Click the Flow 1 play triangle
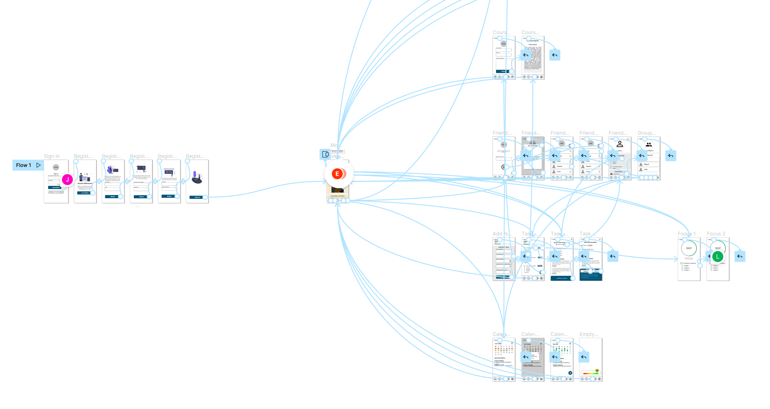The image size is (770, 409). click(x=38, y=165)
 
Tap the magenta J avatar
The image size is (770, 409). click(x=67, y=179)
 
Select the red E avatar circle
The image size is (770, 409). click(x=337, y=174)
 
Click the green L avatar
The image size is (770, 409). click(x=718, y=256)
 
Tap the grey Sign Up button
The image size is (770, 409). click(x=56, y=192)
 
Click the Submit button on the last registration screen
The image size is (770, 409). click(x=197, y=197)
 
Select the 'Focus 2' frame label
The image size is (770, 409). click(x=716, y=233)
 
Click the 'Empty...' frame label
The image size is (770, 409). click(x=589, y=334)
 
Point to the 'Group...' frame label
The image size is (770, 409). click(x=647, y=133)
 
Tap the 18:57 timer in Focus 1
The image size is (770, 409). click(x=689, y=248)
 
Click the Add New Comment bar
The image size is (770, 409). click(x=562, y=278)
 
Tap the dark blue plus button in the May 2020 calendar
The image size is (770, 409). click(x=570, y=373)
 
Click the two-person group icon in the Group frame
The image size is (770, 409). click(x=649, y=144)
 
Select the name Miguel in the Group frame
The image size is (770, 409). click(x=646, y=164)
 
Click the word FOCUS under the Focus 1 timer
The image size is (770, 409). click(x=689, y=258)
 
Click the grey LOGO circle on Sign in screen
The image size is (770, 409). click(x=56, y=167)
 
